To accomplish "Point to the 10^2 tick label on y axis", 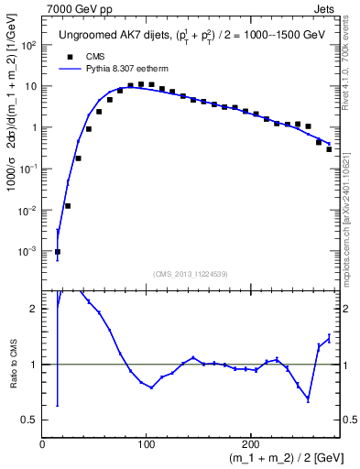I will [x=28, y=45].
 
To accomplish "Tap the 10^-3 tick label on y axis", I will [x=28, y=251].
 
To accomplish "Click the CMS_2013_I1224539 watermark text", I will [x=191, y=273].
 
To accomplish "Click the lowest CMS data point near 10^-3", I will [x=57, y=251].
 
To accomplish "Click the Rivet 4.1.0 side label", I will [x=351, y=55].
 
